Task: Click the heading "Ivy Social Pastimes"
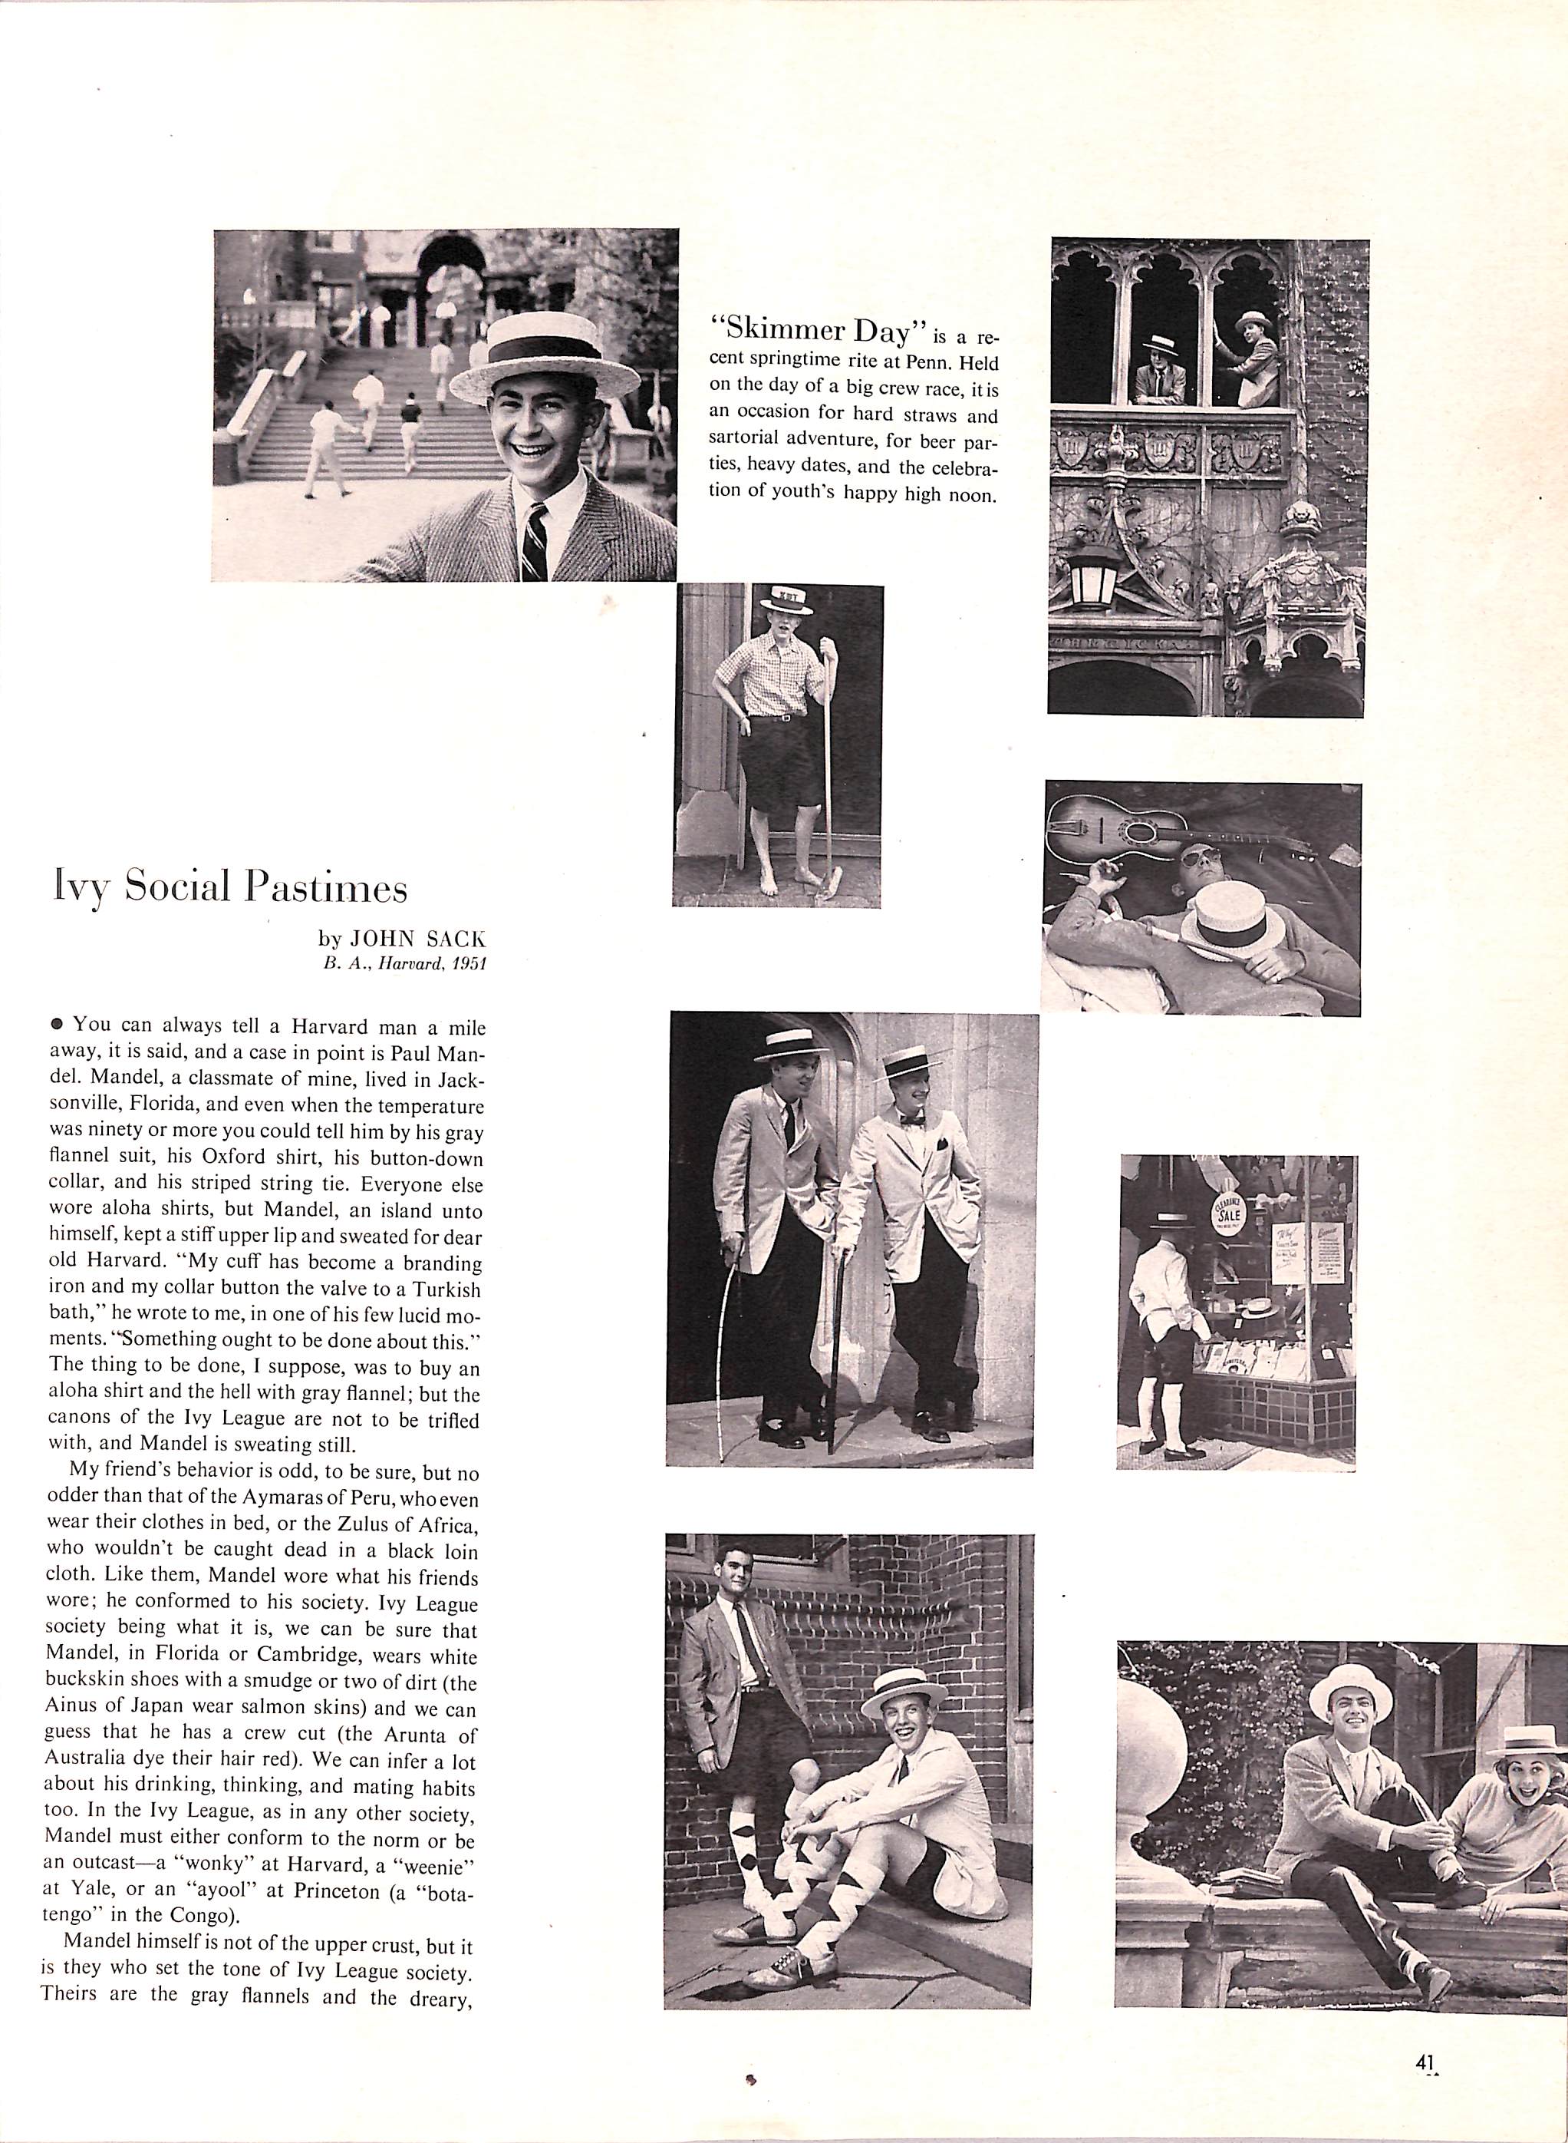coord(229,888)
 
